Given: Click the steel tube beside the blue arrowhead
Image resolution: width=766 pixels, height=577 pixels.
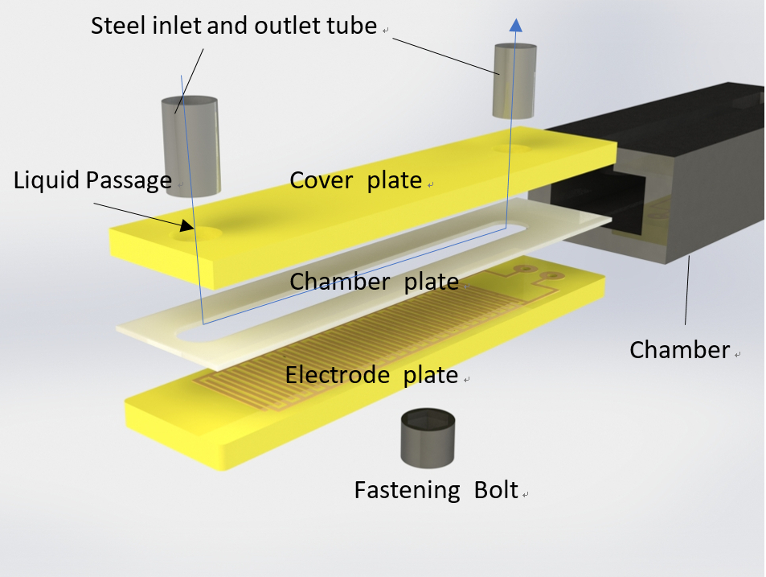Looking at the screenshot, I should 513,83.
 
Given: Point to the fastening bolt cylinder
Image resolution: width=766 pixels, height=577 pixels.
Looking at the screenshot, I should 428,439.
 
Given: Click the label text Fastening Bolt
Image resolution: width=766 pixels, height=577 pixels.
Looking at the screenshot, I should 436,489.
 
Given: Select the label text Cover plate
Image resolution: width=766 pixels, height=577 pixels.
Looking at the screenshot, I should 355,179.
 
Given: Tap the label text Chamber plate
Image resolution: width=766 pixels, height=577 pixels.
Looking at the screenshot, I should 374,282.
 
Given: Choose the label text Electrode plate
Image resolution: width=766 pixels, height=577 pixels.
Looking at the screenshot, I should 371,375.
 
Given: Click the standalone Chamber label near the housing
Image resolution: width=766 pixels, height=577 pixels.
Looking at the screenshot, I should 679,350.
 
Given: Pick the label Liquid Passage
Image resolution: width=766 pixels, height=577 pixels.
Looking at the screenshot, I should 92,180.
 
